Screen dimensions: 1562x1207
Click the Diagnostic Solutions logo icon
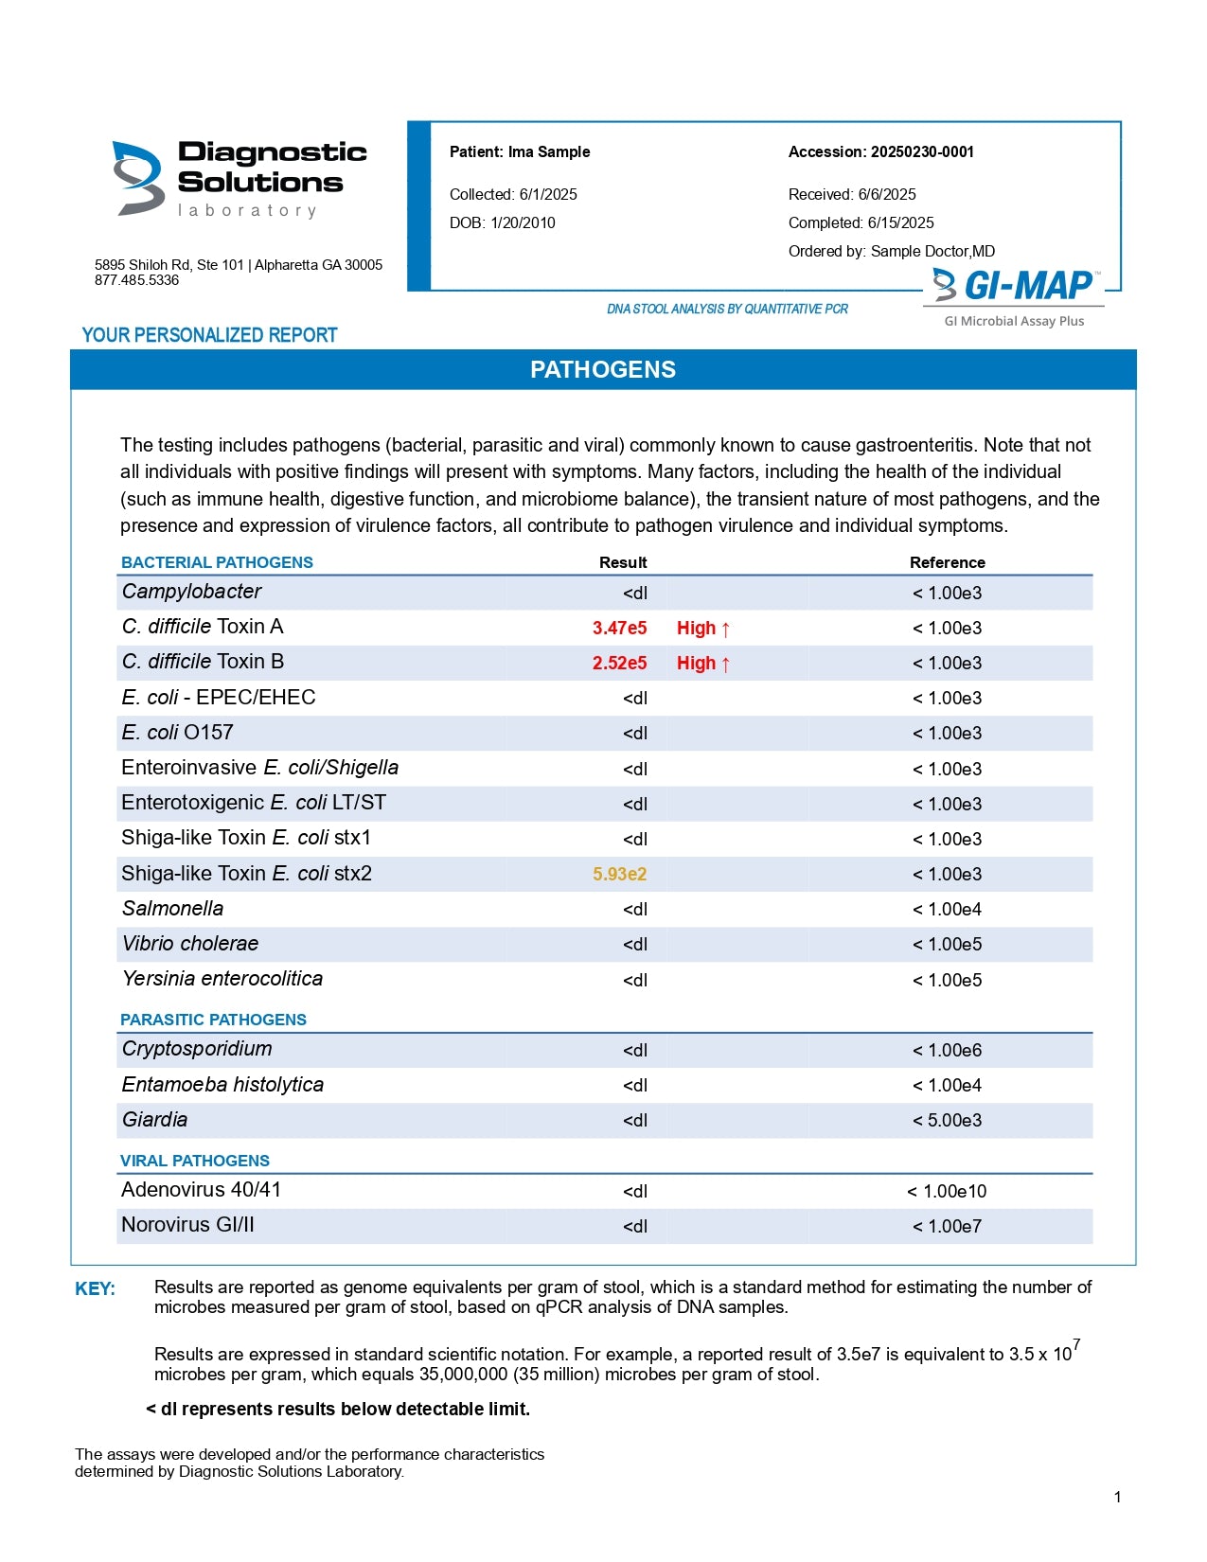(x=137, y=178)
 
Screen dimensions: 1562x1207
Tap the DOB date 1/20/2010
(x=523, y=223)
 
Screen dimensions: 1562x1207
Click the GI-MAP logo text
(x=1026, y=285)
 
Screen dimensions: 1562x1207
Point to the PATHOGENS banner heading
(x=603, y=370)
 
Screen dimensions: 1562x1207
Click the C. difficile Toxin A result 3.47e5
(x=619, y=628)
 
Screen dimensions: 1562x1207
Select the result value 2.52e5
(x=619, y=663)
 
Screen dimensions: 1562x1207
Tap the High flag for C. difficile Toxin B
(x=702, y=663)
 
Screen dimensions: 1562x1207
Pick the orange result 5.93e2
(x=619, y=874)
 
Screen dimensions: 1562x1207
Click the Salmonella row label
(x=173, y=909)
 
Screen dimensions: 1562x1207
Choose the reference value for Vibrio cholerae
(x=947, y=944)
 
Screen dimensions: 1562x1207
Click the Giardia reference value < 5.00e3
(x=947, y=1120)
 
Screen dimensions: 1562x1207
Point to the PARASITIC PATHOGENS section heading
(x=213, y=1020)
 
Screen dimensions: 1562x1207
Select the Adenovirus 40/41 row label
(x=201, y=1190)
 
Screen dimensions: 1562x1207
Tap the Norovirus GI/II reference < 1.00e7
(x=947, y=1226)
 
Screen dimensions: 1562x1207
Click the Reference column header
(x=947, y=562)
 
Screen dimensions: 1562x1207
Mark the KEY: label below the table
(x=95, y=1289)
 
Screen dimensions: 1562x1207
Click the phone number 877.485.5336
(x=136, y=280)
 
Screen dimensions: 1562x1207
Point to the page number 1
(x=1118, y=1497)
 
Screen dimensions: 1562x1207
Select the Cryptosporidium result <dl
(x=635, y=1050)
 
